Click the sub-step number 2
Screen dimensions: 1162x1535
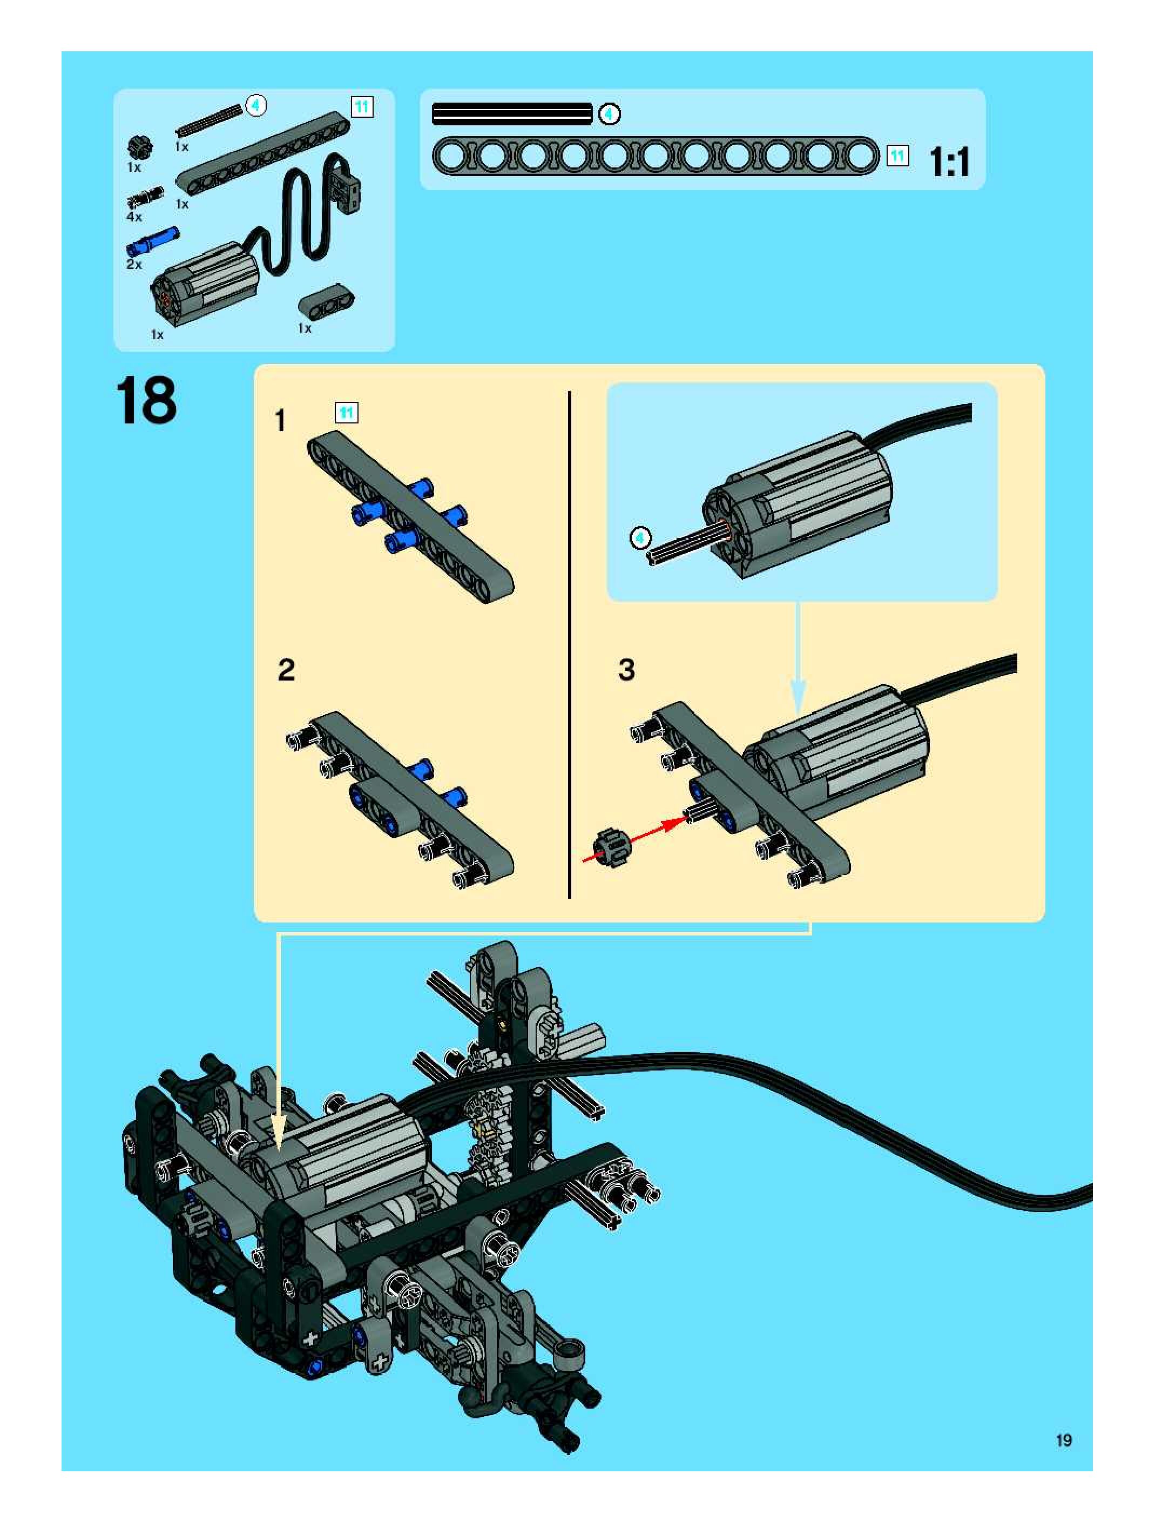tap(286, 670)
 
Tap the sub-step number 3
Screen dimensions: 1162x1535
tap(626, 670)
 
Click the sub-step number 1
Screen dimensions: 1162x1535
tap(280, 421)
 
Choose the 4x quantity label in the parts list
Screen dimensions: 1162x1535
tap(134, 217)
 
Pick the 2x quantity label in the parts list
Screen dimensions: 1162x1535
tap(134, 265)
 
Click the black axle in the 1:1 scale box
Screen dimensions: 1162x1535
tap(512, 114)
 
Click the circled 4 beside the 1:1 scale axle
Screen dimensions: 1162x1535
tap(609, 114)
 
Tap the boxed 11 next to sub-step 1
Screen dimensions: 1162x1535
tap(346, 413)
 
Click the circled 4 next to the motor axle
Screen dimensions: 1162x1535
tap(640, 538)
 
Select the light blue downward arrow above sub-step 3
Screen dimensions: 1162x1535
tap(799, 657)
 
